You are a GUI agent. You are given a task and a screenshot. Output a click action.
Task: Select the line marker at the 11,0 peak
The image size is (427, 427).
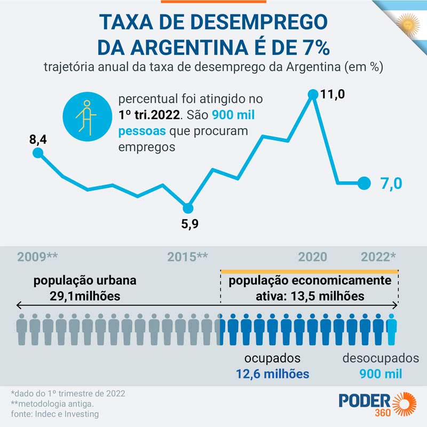[313, 94]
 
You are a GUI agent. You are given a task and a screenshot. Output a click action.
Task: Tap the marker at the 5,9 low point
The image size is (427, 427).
[188, 208]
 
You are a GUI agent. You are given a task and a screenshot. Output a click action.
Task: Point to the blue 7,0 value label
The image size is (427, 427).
[391, 184]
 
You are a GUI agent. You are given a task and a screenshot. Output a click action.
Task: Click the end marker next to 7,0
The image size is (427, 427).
[364, 183]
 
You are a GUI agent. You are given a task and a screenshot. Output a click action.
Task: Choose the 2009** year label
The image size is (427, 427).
[37, 257]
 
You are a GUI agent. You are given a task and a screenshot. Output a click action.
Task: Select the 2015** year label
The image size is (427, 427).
[187, 257]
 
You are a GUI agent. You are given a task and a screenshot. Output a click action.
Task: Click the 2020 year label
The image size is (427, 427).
[313, 257]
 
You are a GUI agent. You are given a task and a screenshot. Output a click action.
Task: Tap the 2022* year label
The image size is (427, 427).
[378, 257]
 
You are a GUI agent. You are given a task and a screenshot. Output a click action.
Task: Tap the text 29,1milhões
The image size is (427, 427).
[85, 295]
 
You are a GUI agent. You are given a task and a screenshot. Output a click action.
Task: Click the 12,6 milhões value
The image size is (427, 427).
[273, 374]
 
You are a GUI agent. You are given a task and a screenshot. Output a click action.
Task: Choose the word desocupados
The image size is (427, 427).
[381, 359]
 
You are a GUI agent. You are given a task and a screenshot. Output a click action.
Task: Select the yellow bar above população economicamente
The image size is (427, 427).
[309, 272]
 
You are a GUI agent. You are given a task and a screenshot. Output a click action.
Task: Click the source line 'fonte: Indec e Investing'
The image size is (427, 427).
[55, 414]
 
